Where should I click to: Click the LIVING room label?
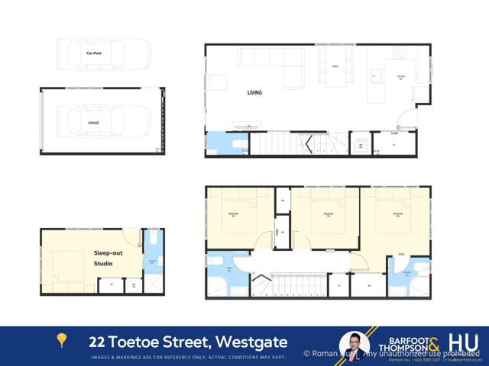coord(254,93)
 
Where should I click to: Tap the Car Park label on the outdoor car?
coord(94,53)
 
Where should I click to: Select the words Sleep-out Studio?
coord(108,257)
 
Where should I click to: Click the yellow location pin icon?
coord(62,340)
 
